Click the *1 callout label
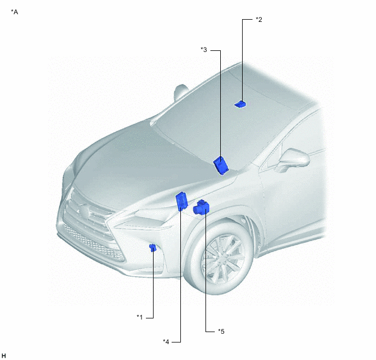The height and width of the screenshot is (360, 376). point(139,317)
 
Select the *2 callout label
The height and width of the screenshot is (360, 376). point(258,20)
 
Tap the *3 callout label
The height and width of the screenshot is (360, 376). point(204,50)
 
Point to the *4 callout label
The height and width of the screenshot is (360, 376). point(166,341)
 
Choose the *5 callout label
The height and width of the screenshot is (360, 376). point(221,332)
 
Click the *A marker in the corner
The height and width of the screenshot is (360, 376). point(14,11)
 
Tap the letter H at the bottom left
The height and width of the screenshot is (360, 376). point(4,356)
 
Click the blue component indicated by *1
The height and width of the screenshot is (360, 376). point(152,247)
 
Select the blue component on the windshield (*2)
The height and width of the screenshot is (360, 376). point(240,104)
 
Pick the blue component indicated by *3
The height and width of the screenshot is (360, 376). point(221,165)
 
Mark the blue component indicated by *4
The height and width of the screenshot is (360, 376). point(181,201)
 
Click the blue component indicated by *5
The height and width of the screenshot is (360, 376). point(201,207)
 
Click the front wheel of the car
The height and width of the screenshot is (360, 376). point(220,258)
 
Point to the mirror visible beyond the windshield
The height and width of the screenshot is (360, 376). point(181,92)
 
